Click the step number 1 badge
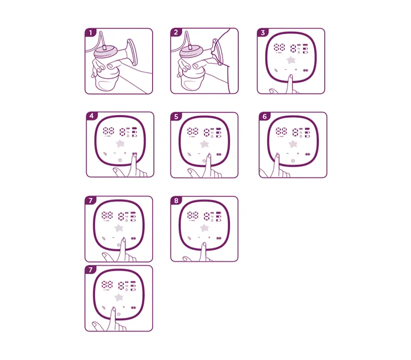click(x=90, y=32)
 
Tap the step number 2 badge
click(x=176, y=32)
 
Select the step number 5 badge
click(x=176, y=117)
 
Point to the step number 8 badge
click(x=176, y=201)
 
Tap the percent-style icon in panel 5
click(x=189, y=154)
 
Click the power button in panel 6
click(x=293, y=160)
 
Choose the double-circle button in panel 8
click(x=221, y=238)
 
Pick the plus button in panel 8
click(x=209, y=238)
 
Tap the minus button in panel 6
click(x=287, y=154)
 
